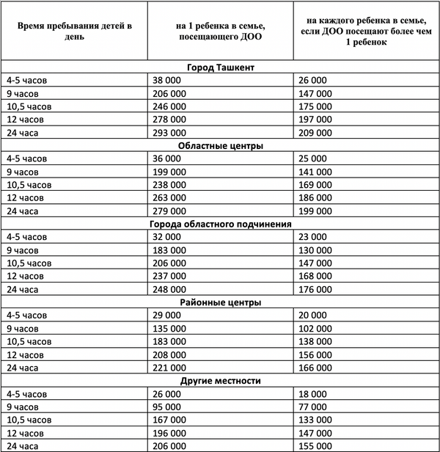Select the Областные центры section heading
[x=220, y=146]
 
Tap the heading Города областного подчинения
[x=220, y=224]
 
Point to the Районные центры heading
[x=220, y=302]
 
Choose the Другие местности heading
[x=220, y=381]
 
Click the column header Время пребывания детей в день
[x=74, y=32]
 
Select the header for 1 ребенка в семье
[x=220, y=32]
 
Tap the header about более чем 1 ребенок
[x=366, y=32]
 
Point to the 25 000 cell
[x=313, y=159]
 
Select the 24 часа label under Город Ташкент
[x=22, y=133]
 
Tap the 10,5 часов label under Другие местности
[x=29, y=420]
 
